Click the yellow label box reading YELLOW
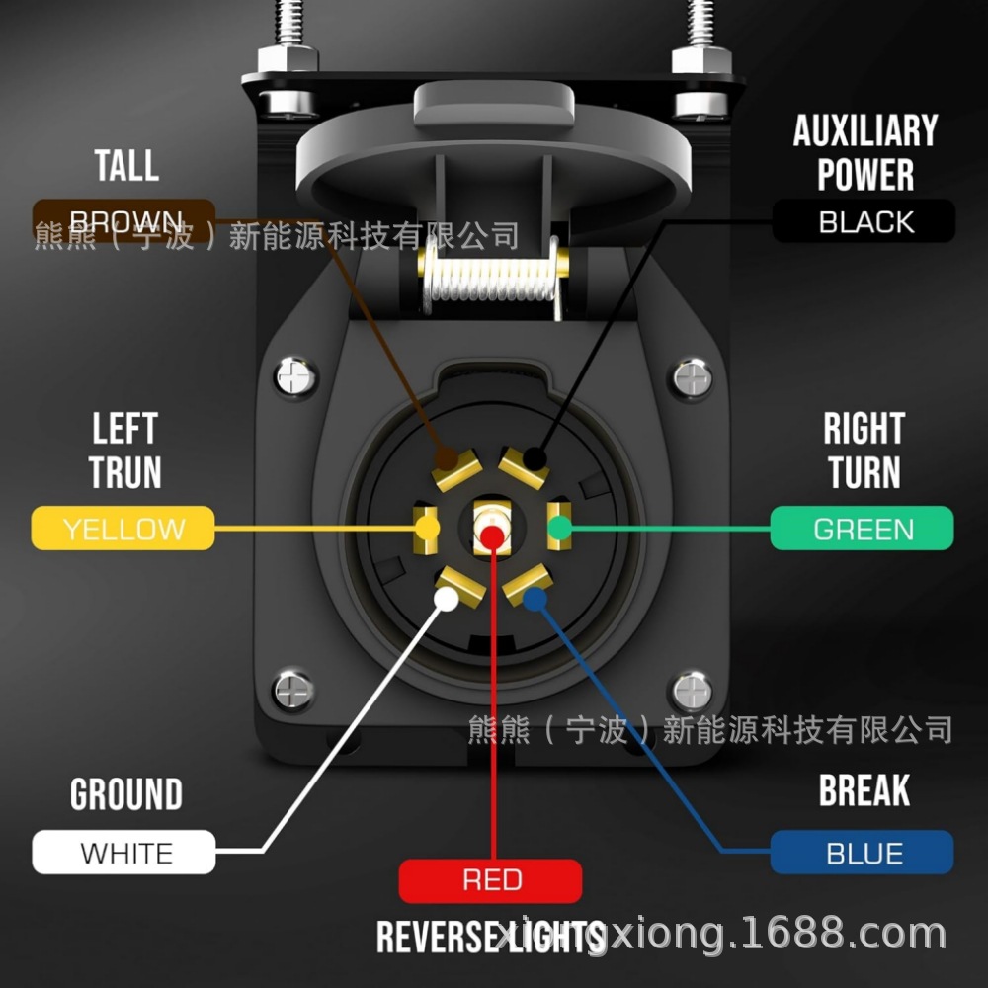click(123, 528)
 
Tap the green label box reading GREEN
click(862, 528)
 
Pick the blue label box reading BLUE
click(862, 852)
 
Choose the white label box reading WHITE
click(123, 852)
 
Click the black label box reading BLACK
click(864, 221)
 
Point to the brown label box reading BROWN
click(123, 220)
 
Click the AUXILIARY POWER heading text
click(864, 152)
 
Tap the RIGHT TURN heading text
click(864, 451)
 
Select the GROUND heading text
click(125, 794)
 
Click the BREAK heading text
click(864, 790)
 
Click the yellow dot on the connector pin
click(427, 529)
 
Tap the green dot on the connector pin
click(559, 529)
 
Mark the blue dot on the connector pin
click(535, 598)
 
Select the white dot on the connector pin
click(447, 598)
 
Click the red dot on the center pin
click(491, 535)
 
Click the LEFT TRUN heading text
click(124, 451)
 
